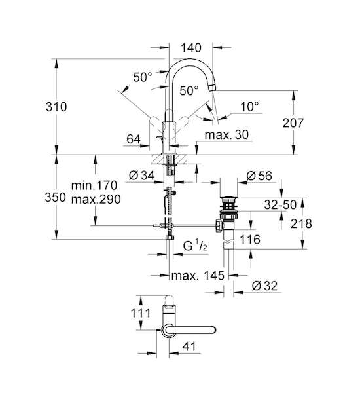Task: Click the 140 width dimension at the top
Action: [191, 48]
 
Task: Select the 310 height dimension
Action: [56, 107]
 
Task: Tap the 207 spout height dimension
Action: [293, 123]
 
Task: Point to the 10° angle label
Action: [250, 107]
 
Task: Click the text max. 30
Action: [226, 134]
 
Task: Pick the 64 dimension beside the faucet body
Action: [134, 139]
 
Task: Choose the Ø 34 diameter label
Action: [141, 176]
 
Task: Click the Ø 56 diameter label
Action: [259, 176]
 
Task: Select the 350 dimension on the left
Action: [55, 197]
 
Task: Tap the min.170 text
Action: [94, 185]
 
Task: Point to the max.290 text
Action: [96, 200]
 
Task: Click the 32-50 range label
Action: [280, 205]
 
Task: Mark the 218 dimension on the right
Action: [301, 223]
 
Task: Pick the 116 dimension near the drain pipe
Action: [250, 240]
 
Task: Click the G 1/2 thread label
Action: [195, 246]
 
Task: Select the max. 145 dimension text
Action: [198, 276]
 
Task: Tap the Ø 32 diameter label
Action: [264, 286]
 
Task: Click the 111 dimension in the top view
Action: [141, 313]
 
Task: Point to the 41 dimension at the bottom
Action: [189, 346]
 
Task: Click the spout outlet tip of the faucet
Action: [213, 88]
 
